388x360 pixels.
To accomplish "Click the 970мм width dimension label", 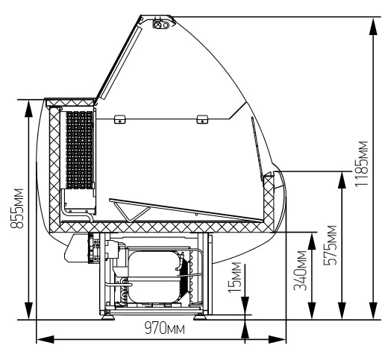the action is coord(165,328).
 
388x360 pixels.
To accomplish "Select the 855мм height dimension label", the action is coord(17,209).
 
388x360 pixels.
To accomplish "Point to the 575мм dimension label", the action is coord(331,245).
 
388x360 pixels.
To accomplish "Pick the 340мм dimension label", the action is coord(300,271).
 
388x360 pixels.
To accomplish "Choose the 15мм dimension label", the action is coord(235,277).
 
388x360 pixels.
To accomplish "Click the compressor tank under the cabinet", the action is coord(154,277).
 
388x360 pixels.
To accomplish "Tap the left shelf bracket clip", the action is coord(119,119).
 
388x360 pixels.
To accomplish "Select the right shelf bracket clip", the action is coord(202,119).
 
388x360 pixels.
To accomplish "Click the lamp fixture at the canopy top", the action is coord(161,25).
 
